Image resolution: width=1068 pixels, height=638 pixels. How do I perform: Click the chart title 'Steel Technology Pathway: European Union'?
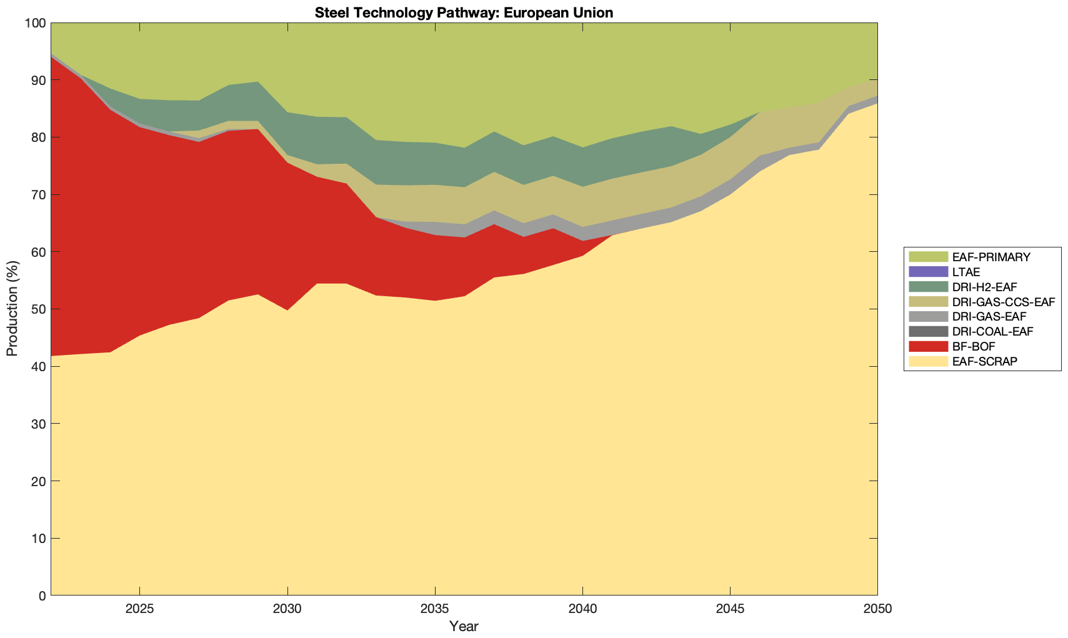point(464,12)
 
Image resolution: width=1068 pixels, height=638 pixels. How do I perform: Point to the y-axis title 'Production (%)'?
point(12,309)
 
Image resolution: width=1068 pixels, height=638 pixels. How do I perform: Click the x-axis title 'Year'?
point(464,626)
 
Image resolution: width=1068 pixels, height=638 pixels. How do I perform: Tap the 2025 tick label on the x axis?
point(139,609)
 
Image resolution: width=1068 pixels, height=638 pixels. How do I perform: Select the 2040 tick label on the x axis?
point(582,609)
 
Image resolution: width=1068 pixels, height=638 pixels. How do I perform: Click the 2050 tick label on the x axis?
point(877,609)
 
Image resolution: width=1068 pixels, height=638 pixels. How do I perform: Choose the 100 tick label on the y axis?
point(36,23)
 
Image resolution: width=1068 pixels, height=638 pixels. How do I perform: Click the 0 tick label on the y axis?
point(42,596)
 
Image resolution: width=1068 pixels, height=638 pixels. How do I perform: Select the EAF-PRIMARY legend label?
point(991,257)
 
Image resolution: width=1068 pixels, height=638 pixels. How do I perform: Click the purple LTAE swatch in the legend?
point(928,272)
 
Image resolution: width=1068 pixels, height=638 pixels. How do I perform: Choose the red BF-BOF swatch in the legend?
point(928,346)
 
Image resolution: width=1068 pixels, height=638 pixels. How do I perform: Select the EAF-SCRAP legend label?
point(985,361)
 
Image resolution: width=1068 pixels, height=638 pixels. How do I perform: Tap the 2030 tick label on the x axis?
point(287,609)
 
